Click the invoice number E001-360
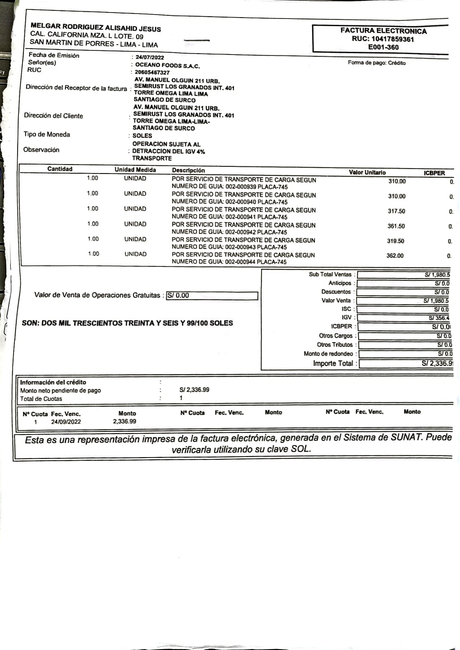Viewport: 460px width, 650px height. (383, 47)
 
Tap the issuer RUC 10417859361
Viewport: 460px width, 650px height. (383, 39)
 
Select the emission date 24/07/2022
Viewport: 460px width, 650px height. (150, 57)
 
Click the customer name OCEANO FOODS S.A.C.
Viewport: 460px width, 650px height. (167, 65)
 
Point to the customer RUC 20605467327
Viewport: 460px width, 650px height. (152, 73)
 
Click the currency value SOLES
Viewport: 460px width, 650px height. (142, 136)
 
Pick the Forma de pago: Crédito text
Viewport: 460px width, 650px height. (377, 63)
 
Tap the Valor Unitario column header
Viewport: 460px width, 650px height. (367, 172)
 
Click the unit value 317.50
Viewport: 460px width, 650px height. (396, 211)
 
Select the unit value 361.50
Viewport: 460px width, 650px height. (396, 226)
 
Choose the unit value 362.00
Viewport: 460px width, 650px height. (395, 256)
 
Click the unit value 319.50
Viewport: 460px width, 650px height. (396, 241)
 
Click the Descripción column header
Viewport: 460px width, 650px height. (188, 170)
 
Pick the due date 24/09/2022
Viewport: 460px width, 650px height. (66, 422)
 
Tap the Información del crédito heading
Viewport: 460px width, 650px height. (53, 382)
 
